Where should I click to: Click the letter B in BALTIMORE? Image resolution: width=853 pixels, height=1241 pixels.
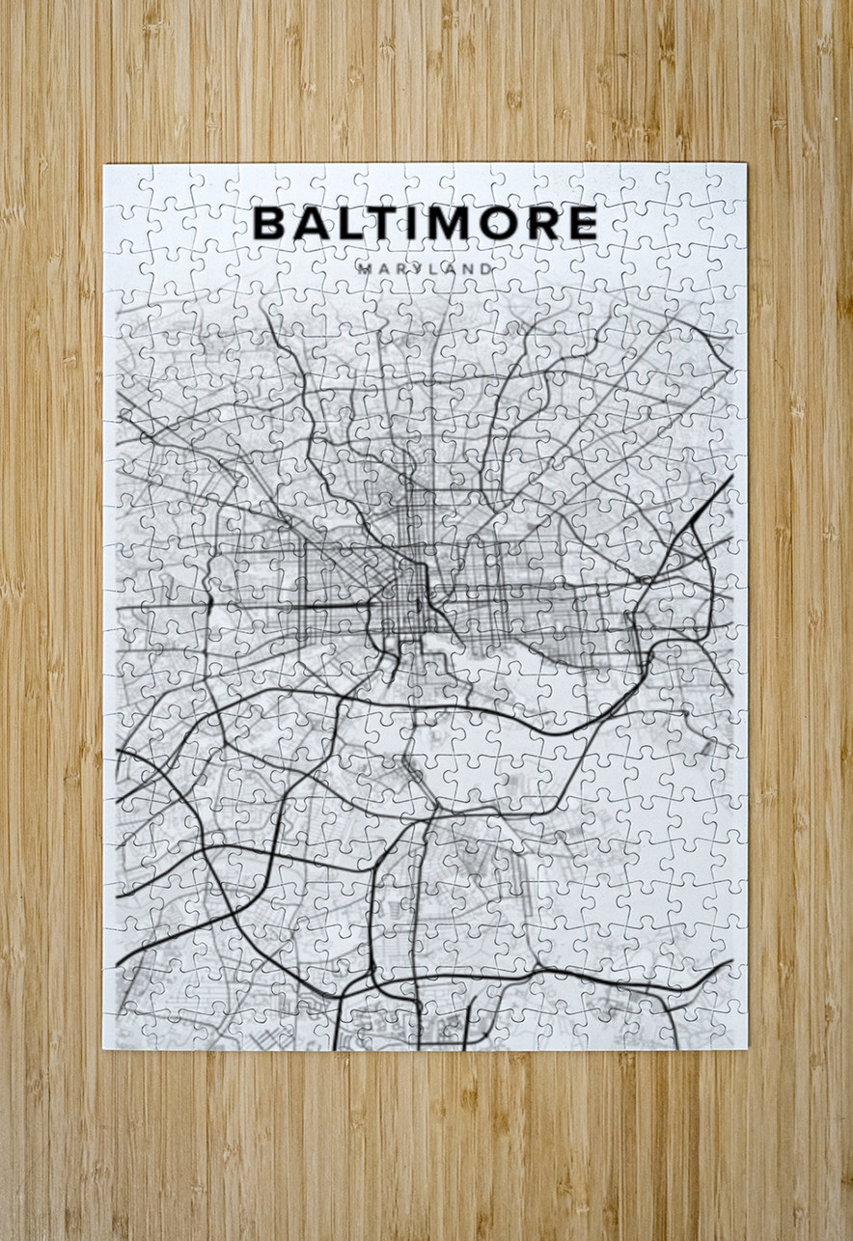270,224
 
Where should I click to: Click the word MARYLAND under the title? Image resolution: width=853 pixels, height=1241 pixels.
426,268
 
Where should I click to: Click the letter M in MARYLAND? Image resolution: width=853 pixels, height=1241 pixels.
363,268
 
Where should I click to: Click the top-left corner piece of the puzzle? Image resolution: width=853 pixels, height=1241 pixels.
122,182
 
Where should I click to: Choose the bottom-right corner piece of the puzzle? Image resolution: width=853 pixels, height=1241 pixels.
727,1031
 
